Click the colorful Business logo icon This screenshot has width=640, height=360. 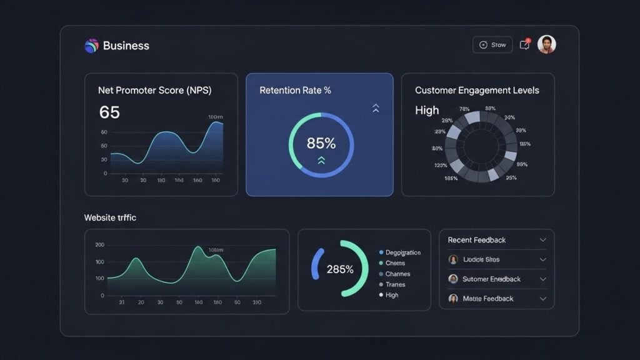pos(91,45)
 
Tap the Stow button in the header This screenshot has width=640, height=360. pos(492,45)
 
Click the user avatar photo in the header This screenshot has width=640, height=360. pos(546,44)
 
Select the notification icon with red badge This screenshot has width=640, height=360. pos(525,44)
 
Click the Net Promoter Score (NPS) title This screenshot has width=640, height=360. pos(154,91)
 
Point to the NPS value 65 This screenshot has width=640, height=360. pos(109,112)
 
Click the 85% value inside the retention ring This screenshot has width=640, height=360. pos(321,143)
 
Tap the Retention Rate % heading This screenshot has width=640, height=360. pos(295,91)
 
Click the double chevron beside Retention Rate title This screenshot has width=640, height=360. pos(376,108)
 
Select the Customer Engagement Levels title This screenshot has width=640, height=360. pos(477,91)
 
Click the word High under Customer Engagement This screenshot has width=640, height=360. pos(427,111)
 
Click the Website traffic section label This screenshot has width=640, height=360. pos(110,218)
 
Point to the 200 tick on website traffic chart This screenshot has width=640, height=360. pos(100,245)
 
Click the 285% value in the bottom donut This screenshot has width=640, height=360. pos(340,269)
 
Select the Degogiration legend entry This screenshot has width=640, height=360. pos(402,252)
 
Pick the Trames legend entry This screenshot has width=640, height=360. pos(395,284)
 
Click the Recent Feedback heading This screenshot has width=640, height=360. pos(477,240)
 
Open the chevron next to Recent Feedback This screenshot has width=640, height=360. pos(542,240)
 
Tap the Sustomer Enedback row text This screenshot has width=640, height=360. pos(491,279)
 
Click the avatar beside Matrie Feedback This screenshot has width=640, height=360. pos(453,299)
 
